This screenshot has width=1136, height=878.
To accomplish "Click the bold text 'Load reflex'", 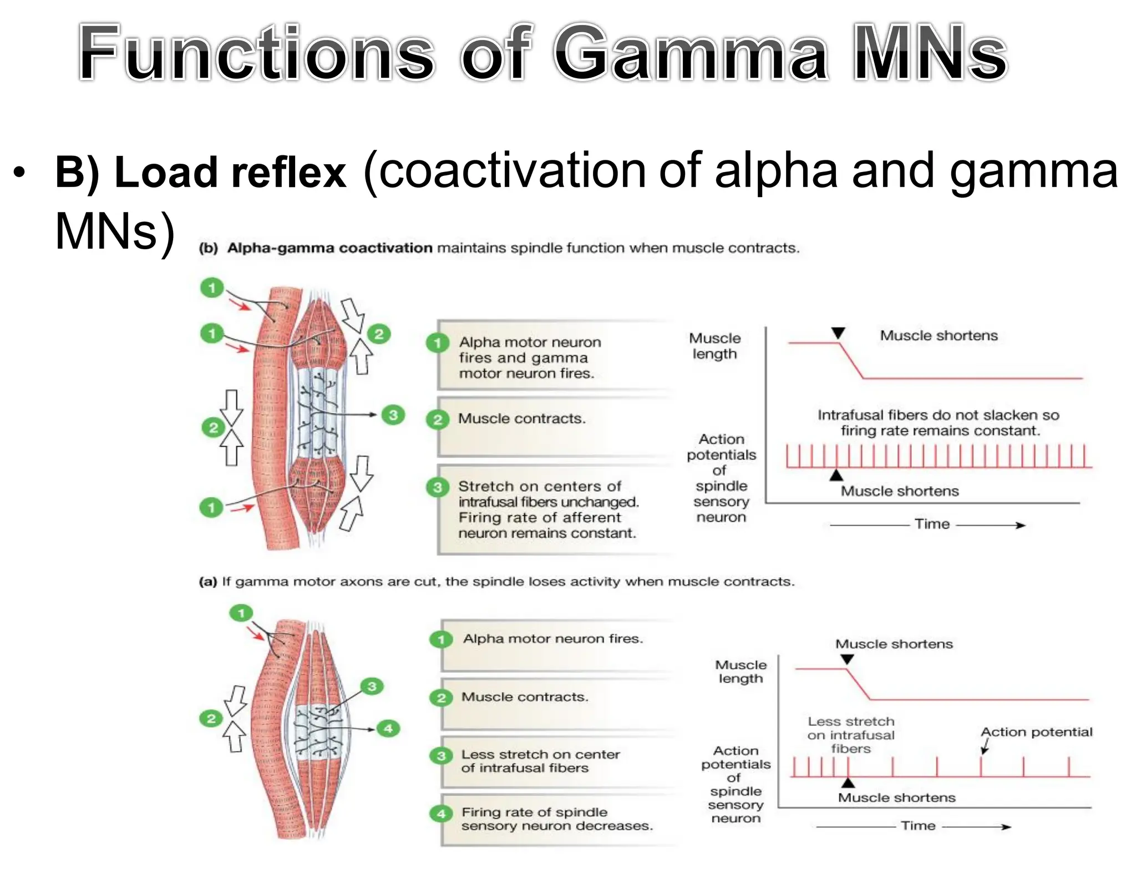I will click(x=201, y=172).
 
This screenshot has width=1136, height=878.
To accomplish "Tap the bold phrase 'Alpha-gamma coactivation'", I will click(x=329, y=248).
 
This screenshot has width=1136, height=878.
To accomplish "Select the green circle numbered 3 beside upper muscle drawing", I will click(x=393, y=415).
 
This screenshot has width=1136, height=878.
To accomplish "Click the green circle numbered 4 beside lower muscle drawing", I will click(x=388, y=728).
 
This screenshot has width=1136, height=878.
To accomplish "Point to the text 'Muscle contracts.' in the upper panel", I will click(x=521, y=418).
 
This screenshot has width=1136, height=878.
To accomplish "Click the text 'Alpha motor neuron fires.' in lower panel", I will click(x=553, y=639).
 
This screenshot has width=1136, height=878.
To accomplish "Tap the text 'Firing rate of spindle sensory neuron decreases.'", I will click(x=556, y=819).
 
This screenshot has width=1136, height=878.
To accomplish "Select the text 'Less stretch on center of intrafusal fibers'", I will click(x=540, y=761).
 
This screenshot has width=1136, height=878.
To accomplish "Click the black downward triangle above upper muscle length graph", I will click(x=838, y=333).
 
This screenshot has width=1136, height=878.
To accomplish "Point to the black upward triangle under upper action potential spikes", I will click(x=836, y=475).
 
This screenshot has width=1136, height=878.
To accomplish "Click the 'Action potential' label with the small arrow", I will click(x=1036, y=732).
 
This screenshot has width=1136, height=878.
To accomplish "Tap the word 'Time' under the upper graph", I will click(x=932, y=524).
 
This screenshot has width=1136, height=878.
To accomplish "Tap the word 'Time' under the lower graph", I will click(x=918, y=826).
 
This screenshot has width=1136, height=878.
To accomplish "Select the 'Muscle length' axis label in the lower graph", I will click(x=741, y=672).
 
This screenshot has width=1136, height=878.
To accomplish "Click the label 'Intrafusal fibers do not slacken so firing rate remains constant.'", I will click(x=939, y=423).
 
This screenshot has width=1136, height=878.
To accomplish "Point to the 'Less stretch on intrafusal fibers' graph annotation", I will click(x=851, y=735).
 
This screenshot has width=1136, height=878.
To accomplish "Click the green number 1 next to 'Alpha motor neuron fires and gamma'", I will click(x=438, y=343).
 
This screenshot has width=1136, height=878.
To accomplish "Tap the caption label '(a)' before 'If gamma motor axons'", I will click(x=208, y=582).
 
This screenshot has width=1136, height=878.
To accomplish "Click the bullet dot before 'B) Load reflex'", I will click(x=19, y=172).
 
